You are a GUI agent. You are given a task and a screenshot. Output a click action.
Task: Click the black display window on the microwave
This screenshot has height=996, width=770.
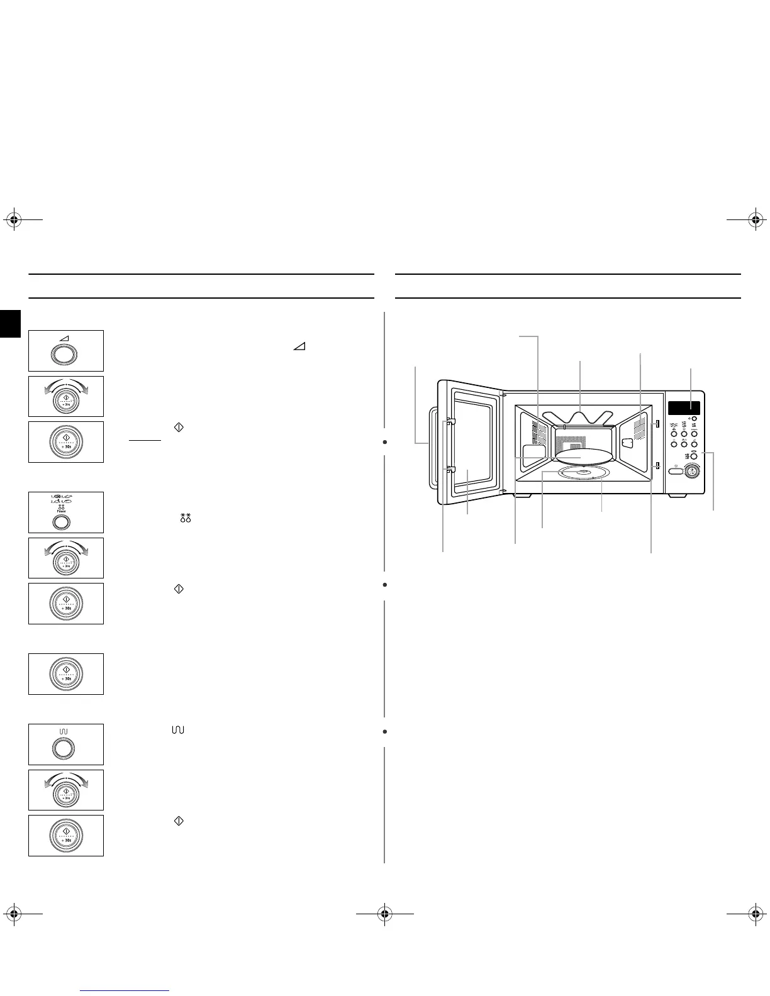click(x=684, y=408)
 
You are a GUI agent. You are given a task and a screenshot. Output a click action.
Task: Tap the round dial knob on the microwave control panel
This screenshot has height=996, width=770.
click(x=693, y=470)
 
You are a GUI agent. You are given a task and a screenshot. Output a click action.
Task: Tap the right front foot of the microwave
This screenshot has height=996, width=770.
click(x=676, y=496)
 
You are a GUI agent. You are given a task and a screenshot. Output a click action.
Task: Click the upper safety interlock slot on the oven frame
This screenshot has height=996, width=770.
click(x=656, y=424)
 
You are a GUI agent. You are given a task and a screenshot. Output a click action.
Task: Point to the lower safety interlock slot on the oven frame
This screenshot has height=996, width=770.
click(x=656, y=466)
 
